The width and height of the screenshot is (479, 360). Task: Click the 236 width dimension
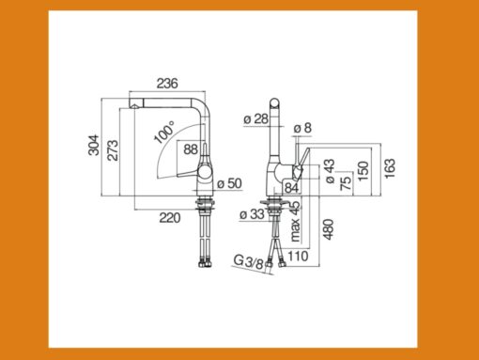point(166,84)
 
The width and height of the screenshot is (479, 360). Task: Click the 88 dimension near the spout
point(190,149)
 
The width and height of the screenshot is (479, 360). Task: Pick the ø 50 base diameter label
point(233,181)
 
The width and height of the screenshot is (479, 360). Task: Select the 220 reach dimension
point(169,217)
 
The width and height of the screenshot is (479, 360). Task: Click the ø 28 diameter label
point(255,118)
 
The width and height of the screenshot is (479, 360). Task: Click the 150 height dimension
point(363,171)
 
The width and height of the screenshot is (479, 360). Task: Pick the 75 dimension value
point(346,183)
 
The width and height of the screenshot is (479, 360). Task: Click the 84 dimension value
point(291,187)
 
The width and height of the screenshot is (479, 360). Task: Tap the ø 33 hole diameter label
point(251,215)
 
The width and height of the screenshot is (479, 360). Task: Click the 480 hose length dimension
point(329,229)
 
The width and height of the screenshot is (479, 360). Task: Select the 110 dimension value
point(300,255)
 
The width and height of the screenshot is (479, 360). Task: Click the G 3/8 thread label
point(247,261)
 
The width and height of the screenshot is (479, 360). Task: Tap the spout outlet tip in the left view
point(133,109)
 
